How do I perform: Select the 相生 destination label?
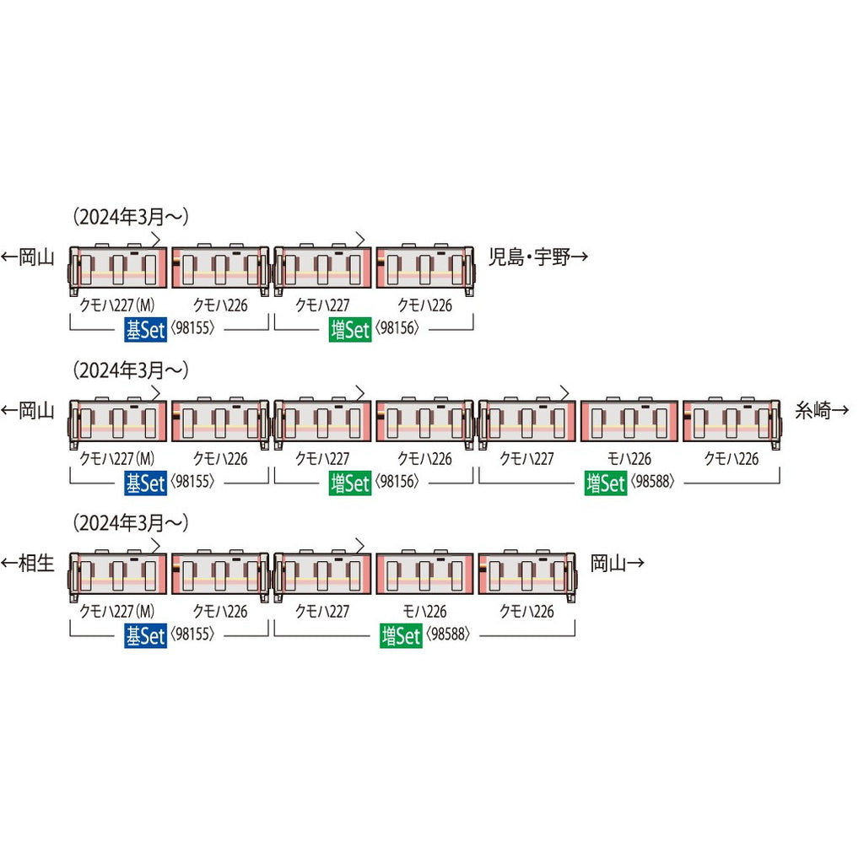click(x=28, y=563)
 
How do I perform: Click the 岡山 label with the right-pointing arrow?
click(x=617, y=563)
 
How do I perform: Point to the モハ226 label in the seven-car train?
click(x=629, y=458)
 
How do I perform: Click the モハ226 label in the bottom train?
click(x=424, y=611)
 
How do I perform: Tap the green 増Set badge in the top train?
click(x=350, y=330)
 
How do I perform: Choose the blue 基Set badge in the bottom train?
click(x=145, y=635)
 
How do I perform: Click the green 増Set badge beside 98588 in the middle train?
click(x=606, y=483)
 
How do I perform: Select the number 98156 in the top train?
click(x=397, y=328)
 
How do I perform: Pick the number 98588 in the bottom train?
click(x=447, y=634)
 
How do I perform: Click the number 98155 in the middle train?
click(x=192, y=482)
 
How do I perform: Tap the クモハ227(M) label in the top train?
click(x=116, y=305)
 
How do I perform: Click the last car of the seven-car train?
click(x=732, y=422)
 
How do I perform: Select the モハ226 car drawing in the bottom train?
click(x=424, y=574)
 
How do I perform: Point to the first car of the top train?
click(x=117, y=267)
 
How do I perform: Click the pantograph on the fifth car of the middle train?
click(x=564, y=393)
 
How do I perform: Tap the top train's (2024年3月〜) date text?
click(x=131, y=217)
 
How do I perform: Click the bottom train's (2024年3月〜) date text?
click(x=131, y=522)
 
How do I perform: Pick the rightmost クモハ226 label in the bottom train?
click(x=526, y=611)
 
